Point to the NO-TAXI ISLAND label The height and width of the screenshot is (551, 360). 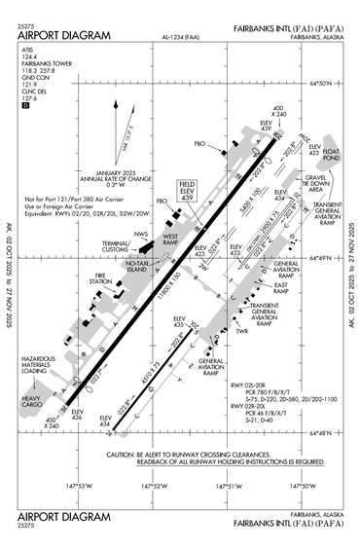140,265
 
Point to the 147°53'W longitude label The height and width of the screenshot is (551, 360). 77,484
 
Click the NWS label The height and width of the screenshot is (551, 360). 142,234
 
